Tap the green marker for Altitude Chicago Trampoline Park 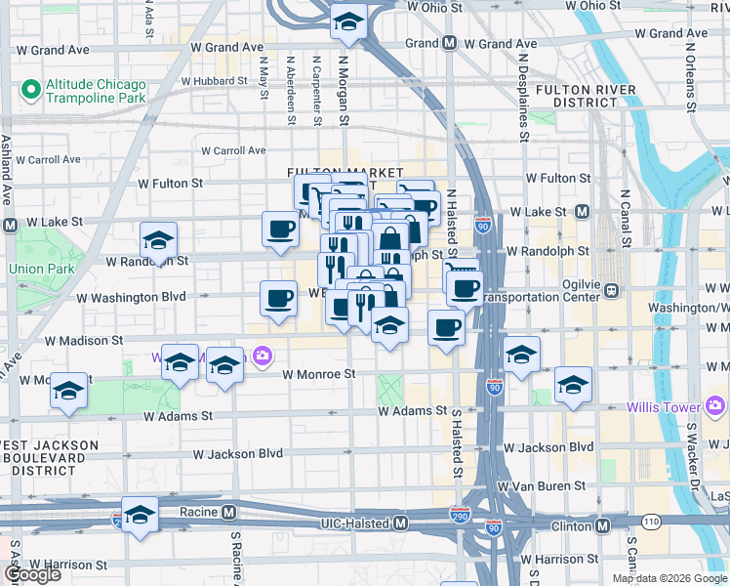(x=29, y=91)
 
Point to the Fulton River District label (x=586, y=98)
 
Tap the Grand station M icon (x=450, y=43)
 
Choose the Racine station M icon (x=228, y=512)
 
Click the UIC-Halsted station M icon (x=400, y=524)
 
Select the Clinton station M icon (x=602, y=525)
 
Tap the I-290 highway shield (x=460, y=514)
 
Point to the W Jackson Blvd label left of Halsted (x=237, y=454)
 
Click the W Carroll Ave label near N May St (x=233, y=150)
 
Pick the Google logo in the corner (x=32, y=574)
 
